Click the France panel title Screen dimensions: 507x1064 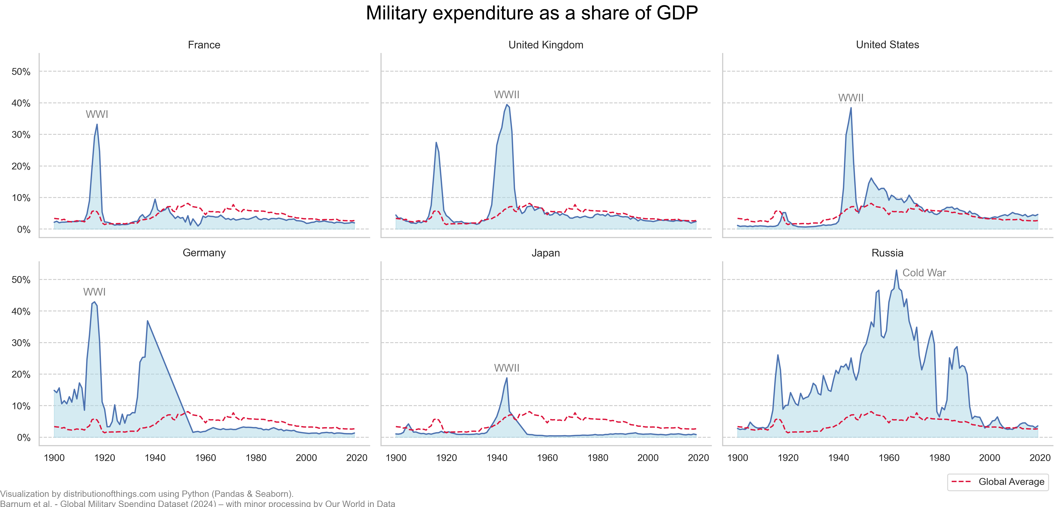(204, 45)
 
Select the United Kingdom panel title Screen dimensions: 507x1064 (546, 45)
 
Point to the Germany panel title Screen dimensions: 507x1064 (204, 253)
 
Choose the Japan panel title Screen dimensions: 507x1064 (546, 253)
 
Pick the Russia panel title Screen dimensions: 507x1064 (887, 253)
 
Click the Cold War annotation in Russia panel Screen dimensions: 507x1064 (924, 273)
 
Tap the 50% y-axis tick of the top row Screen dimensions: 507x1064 (21, 72)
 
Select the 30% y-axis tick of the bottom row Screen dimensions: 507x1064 (21, 343)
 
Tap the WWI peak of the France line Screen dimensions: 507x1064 (97, 124)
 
